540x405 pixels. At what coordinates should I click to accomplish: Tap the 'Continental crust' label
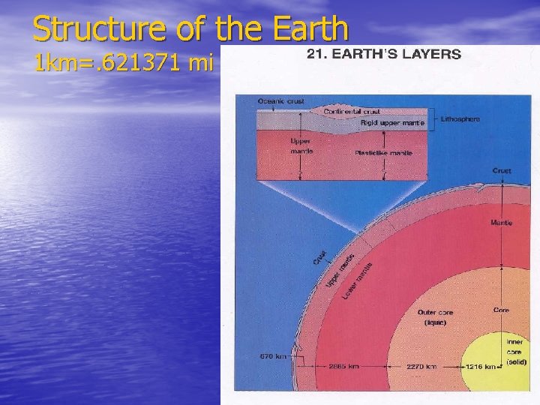point(352,112)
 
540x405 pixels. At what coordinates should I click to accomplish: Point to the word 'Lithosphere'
point(460,119)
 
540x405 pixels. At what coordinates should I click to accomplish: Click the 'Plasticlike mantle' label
point(383,152)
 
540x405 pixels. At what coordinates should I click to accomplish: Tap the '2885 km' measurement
point(343,367)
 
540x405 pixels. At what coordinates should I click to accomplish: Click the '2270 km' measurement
point(421,367)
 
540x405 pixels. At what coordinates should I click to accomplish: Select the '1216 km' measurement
point(479,367)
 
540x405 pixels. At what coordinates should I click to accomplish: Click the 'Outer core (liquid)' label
point(435,317)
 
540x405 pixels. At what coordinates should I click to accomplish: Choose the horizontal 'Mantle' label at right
point(501,223)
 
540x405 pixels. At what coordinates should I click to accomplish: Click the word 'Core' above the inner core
point(501,310)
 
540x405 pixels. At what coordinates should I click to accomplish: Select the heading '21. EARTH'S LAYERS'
point(383,54)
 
